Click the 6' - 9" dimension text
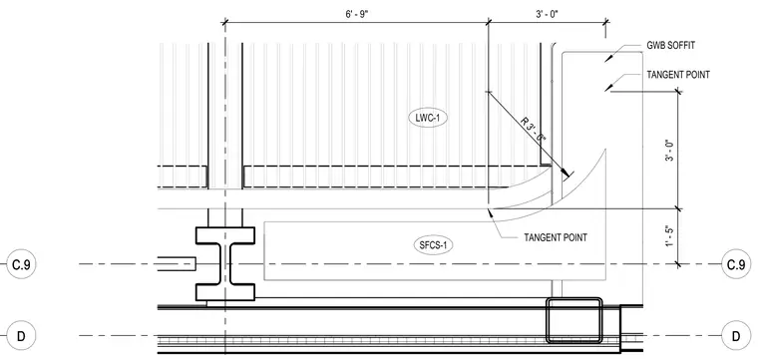pyautogui.click(x=357, y=14)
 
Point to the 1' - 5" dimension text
pyautogui.click(x=669, y=235)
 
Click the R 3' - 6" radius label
pyautogui.click(x=534, y=131)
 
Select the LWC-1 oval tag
pyautogui.click(x=428, y=118)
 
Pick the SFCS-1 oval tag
pyautogui.click(x=433, y=245)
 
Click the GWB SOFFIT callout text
pyautogui.click(x=671, y=46)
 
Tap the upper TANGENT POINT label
pyautogui.click(x=678, y=75)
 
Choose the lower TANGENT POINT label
pyautogui.click(x=556, y=237)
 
